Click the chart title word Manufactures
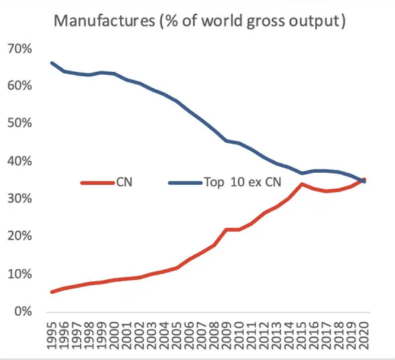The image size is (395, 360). click(104, 21)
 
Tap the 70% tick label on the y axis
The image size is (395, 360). click(20, 49)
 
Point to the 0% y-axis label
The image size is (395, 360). click(23, 312)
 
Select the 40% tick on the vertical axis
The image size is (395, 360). click(20, 162)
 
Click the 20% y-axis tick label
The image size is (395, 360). click(20, 236)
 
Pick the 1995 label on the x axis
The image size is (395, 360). click(52, 336)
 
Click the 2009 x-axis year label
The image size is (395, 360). click(227, 336)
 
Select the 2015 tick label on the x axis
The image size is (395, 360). click(301, 336)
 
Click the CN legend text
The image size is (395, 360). click(124, 182)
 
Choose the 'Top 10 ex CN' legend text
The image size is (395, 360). click(243, 182)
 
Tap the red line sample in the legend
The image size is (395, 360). click(98, 183)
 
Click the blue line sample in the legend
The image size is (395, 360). click(185, 183)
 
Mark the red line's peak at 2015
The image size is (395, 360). click(301, 184)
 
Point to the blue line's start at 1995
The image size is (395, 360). click(52, 63)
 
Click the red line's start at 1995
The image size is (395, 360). click(52, 292)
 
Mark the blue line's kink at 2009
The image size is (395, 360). click(227, 141)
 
